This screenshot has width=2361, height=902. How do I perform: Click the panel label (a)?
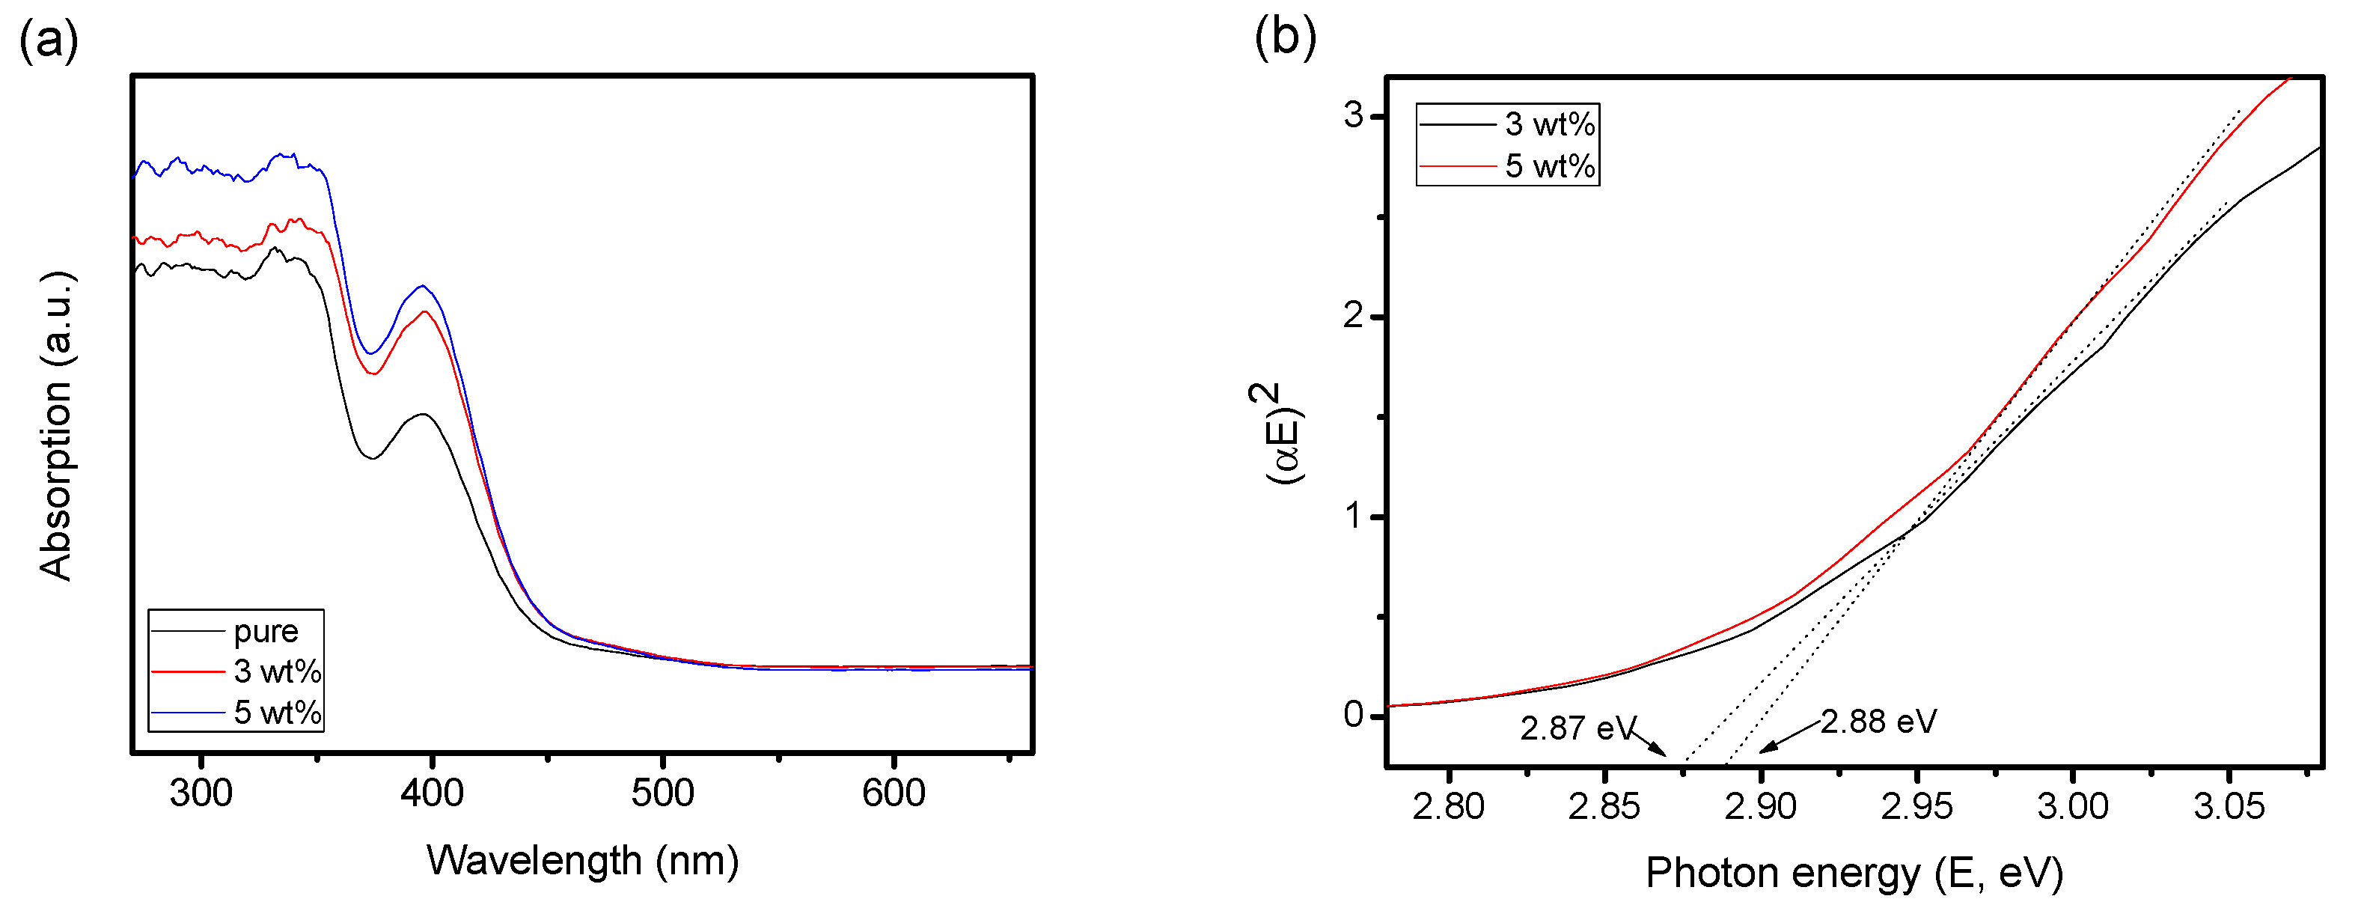click(49, 41)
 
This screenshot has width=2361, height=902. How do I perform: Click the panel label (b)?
click(1285, 37)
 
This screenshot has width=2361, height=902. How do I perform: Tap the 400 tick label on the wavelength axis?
click(432, 793)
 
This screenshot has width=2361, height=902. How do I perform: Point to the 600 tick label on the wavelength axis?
click(893, 793)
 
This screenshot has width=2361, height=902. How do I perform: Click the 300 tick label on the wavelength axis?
click(201, 793)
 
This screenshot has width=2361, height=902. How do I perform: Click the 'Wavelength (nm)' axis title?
click(582, 861)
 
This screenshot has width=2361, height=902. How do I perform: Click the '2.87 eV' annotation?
click(1577, 728)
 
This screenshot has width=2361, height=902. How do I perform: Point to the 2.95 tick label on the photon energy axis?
click(1916, 807)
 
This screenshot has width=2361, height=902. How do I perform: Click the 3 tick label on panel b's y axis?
click(1353, 115)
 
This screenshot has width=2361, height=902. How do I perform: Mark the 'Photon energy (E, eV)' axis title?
click(1853, 873)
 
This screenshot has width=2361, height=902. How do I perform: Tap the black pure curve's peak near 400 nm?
click(423, 415)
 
